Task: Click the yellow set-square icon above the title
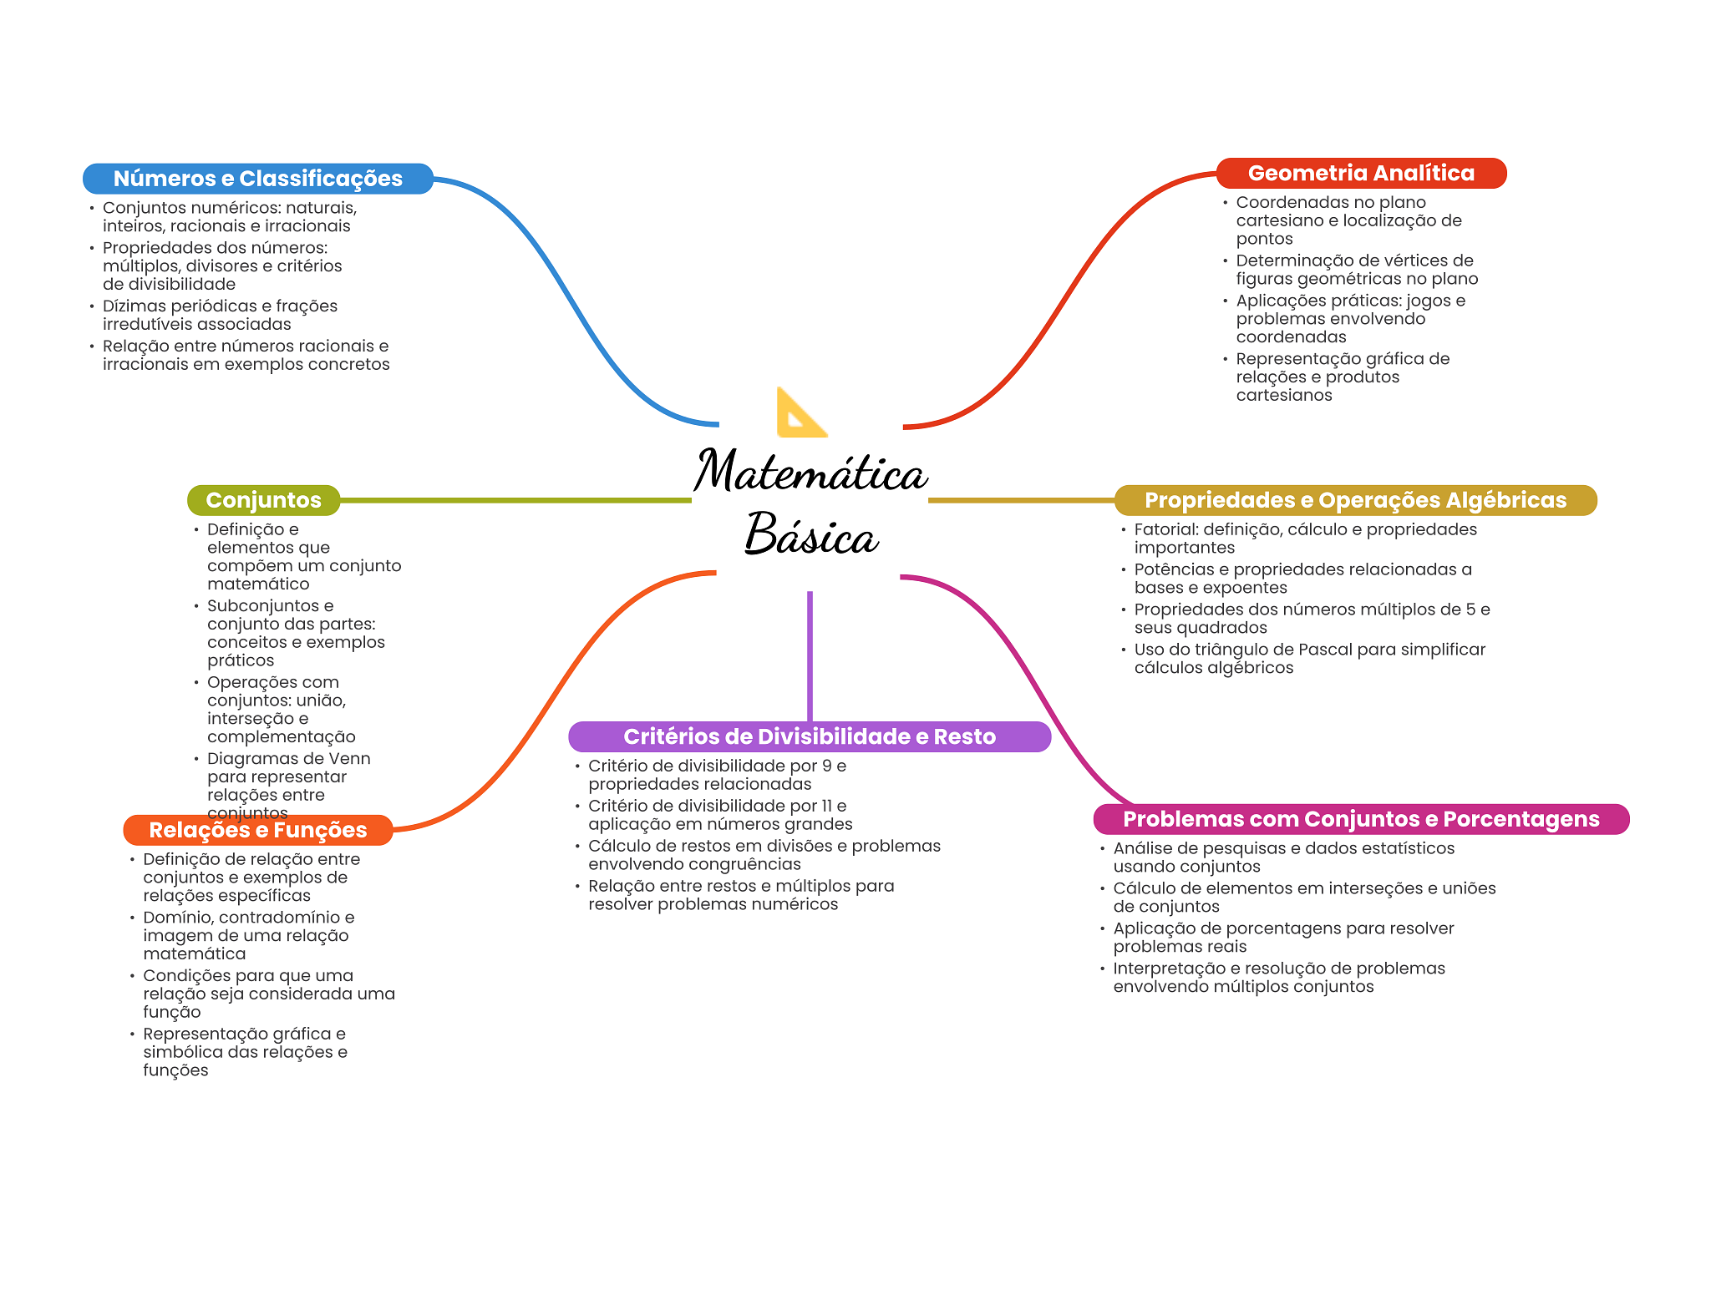tap(800, 413)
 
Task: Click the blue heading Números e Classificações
tap(257, 179)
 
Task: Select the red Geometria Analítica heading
tap(1361, 173)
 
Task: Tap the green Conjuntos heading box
tap(263, 500)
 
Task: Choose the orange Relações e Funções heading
tap(257, 830)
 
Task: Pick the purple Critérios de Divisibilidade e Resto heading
tap(809, 736)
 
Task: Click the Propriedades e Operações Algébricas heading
tap(1355, 500)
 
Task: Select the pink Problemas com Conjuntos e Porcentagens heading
tap(1361, 819)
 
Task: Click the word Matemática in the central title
tap(810, 472)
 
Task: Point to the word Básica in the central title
tap(810, 535)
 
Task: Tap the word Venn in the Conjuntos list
tap(349, 759)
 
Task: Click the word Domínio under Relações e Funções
tap(177, 918)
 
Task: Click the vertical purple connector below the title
tap(810, 655)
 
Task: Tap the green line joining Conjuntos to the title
tap(515, 500)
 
